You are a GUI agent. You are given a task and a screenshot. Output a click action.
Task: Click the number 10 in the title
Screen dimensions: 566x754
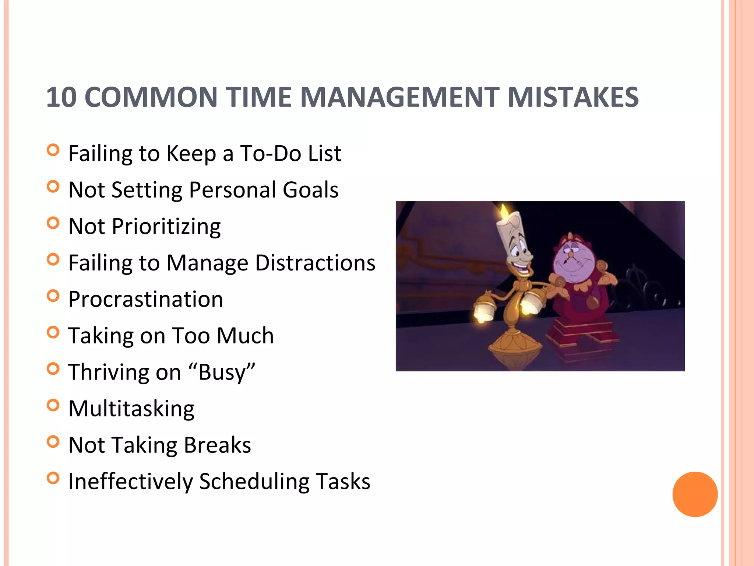[x=61, y=97]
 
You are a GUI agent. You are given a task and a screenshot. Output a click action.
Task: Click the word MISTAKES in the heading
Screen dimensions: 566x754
[x=572, y=97]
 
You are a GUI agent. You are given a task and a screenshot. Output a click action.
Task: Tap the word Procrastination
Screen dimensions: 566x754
[x=146, y=299]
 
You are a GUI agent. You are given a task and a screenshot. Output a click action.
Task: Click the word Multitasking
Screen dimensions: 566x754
[x=131, y=409]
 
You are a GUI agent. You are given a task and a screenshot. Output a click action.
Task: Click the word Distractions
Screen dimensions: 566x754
[x=315, y=263]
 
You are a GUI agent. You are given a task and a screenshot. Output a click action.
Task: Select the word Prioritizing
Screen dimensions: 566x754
[x=166, y=227]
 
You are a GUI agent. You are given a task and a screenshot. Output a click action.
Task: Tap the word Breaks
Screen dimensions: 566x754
[x=217, y=445]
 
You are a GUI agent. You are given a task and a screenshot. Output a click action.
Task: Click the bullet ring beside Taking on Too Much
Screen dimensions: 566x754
[x=53, y=332]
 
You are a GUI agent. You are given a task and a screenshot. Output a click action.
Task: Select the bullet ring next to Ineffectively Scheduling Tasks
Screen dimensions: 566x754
[x=53, y=478]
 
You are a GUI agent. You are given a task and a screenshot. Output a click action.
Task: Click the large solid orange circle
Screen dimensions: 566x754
[x=695, y=494]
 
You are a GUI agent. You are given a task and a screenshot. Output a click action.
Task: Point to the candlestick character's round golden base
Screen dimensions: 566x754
[x=515, y=345]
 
